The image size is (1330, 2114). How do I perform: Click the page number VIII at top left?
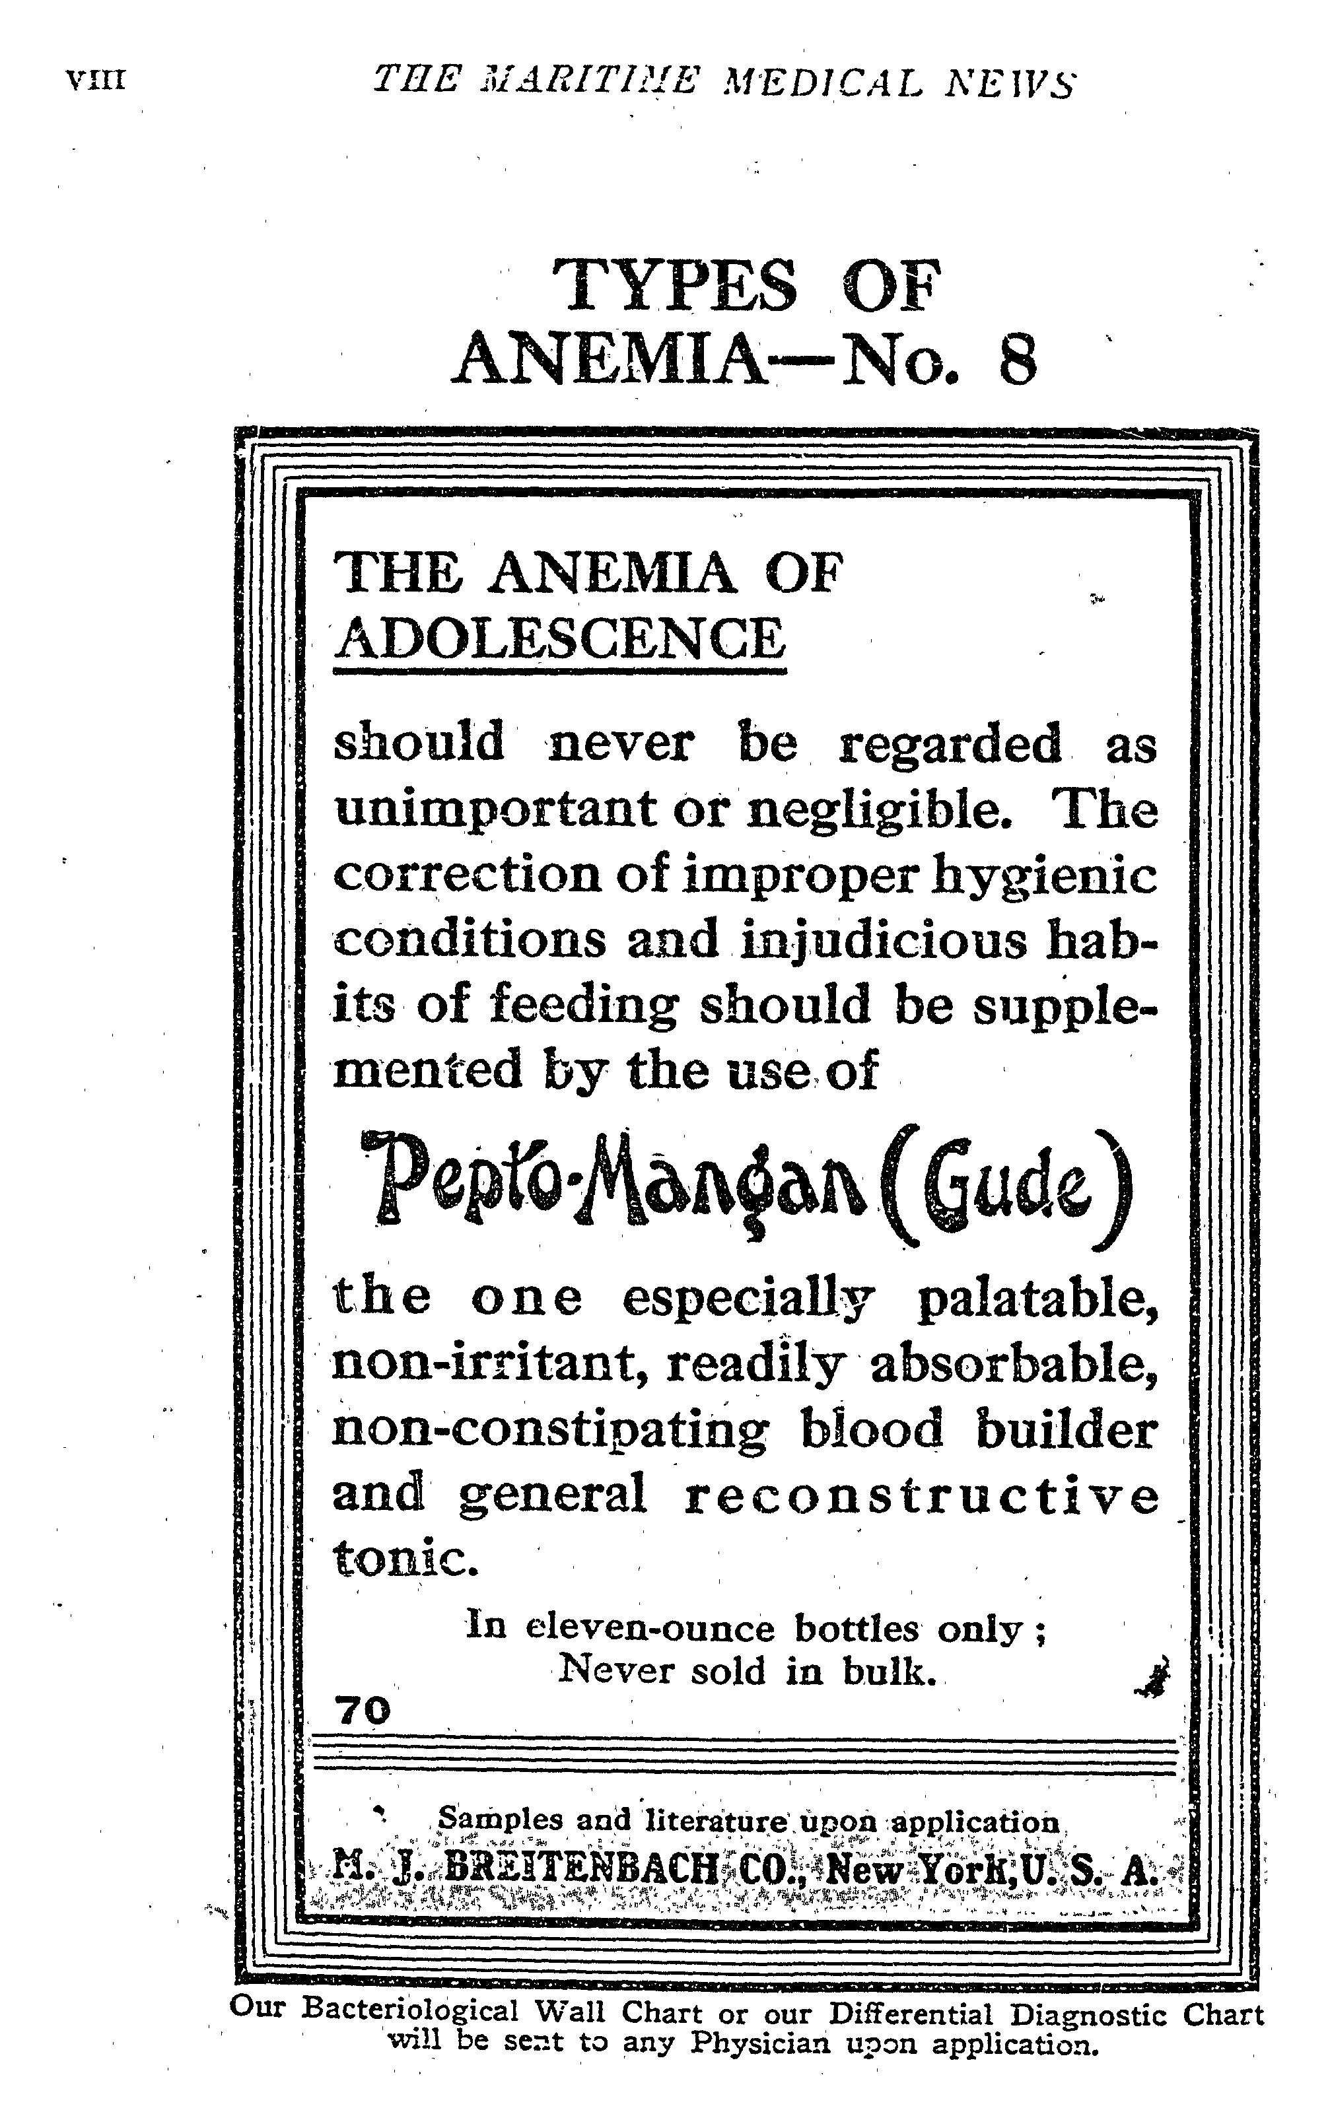coord(95,82)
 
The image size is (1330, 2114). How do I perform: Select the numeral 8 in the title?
coord(1016,360)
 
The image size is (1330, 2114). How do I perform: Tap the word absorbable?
coord(1013,1365)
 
